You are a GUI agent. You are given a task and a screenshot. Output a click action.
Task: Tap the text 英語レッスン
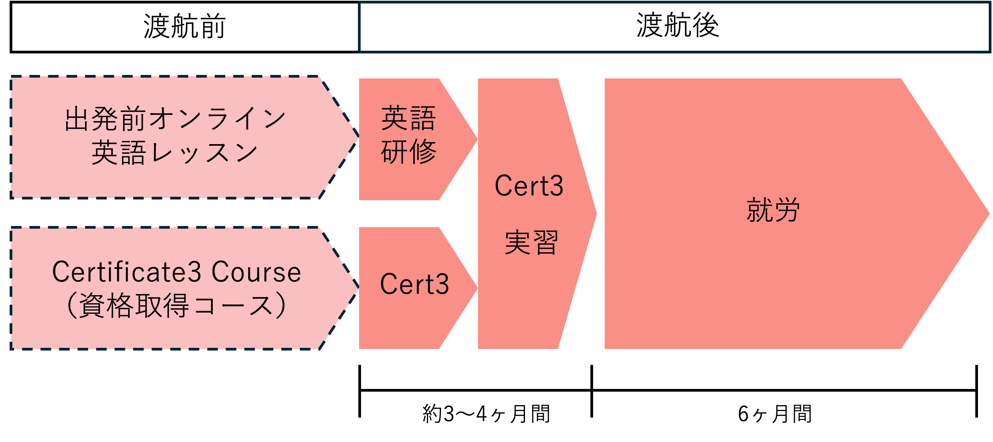[x=175, y=153]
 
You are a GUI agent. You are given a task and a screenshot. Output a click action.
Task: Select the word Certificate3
[x=127, y=272]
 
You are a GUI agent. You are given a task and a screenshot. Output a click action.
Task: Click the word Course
[x=256, y=272]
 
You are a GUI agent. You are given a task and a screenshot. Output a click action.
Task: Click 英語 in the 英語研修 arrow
[x=409, y=118]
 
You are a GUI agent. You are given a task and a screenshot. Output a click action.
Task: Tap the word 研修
[x=409, y=152]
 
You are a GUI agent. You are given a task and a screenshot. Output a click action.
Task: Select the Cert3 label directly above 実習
[x=529, y=186]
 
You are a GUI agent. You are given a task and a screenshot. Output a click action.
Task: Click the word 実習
[x=531, y=243]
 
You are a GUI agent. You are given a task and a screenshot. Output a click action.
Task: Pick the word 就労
[x=773, y=210]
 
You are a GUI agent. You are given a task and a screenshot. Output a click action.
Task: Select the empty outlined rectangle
[x=674, y=27]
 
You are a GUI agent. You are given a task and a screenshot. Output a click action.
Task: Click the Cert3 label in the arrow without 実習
[x=415, y=284]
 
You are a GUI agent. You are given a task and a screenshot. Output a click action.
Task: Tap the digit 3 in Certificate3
[x=196, y=272]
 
